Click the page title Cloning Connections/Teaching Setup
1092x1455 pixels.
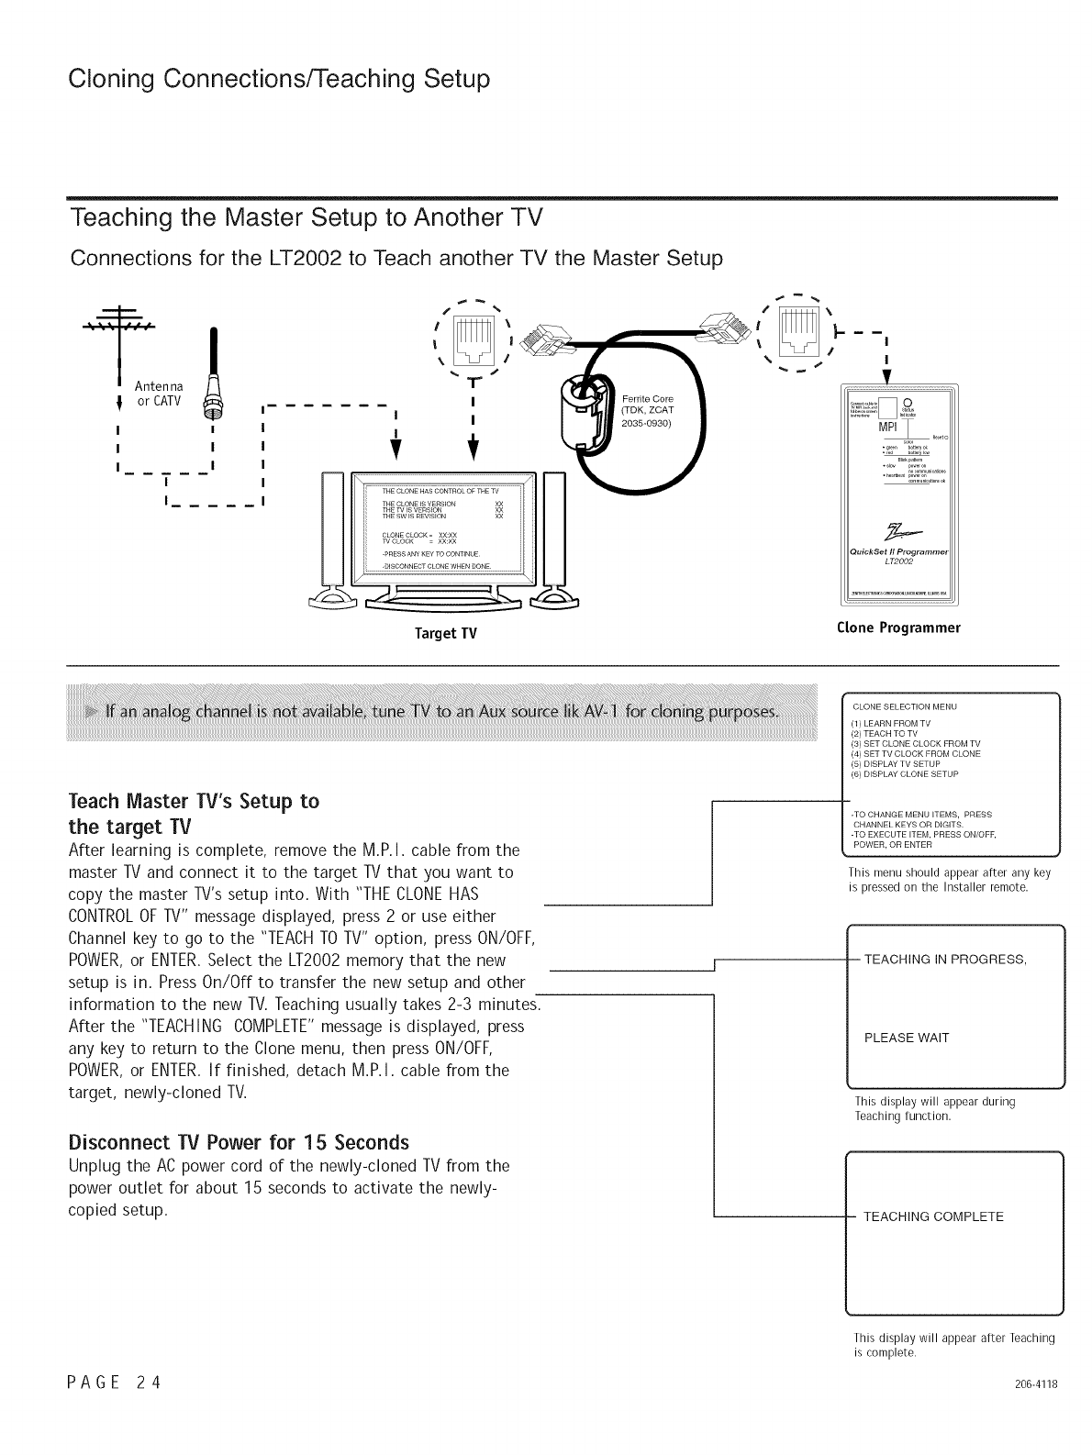click(279, 80)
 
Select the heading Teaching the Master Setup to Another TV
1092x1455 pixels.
click(306, 219)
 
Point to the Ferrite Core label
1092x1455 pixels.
click(647, 398)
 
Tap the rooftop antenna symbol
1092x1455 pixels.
click(118, 323)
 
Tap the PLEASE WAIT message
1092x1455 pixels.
click(907, 1038)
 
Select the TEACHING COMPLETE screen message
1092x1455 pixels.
click(933, 1216)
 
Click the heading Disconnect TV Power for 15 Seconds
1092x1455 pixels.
click(239, 1143)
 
